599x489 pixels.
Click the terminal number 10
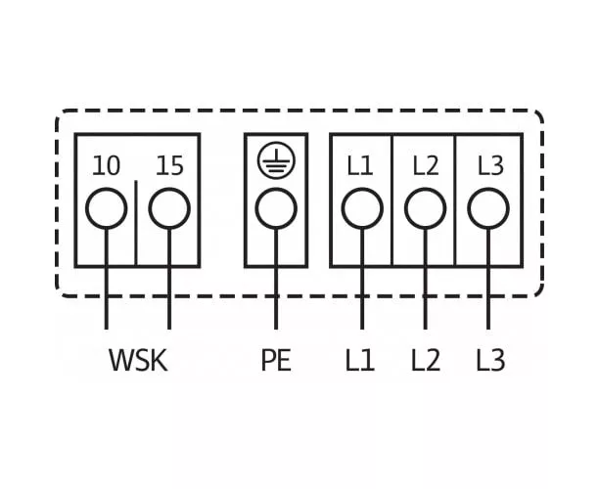[x=106, y=165]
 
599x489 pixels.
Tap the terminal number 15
[x=169, y=165]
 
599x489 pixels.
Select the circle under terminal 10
[x=106, y=209]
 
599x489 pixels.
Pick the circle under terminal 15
[x=169, y=209]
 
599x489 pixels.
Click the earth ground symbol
[x=275, y=162]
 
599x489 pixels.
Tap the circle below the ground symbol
[x=275, y=209]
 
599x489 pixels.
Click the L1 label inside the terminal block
[x=360, y=165]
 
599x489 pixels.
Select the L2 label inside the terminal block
[x=425, y=165]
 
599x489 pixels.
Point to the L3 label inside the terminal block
[x=489, y=165]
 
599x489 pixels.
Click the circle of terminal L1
[x=361, y=209]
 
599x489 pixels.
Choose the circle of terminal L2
[x=425, y=209]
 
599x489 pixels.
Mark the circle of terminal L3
[x=488, y=209]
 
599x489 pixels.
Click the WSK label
[x=138, y=361]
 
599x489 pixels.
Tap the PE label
[x=275, y=361]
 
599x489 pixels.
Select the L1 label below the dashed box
[x=360, y=361]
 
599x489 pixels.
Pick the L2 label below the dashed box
[x=425, y=361]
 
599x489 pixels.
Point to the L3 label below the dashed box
[x=489, y=361]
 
